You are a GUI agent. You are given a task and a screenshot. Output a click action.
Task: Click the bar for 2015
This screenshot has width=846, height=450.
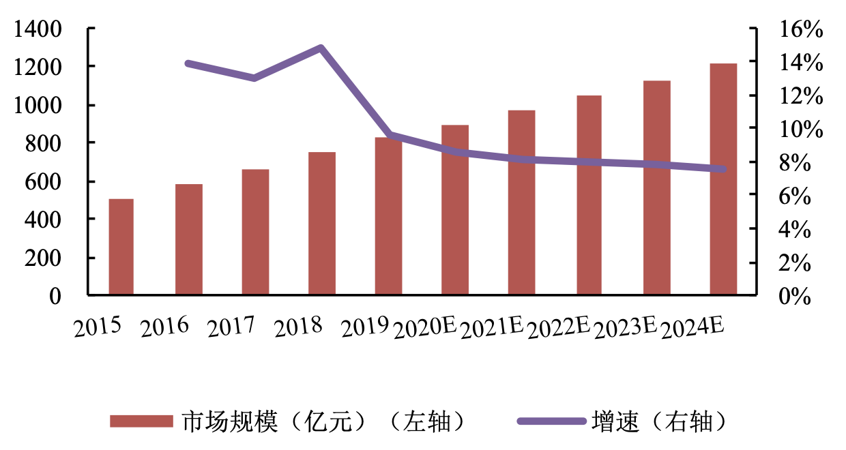click(121, 247)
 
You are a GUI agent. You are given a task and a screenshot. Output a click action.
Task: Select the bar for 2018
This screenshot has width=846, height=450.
click(321, 224)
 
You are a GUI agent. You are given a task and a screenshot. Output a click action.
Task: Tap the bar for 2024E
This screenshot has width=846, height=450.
click(723, 179)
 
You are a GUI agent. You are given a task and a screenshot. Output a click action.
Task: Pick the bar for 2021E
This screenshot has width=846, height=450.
click(521, 202)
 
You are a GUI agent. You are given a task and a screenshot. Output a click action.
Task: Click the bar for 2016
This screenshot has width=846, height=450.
click(188, 239)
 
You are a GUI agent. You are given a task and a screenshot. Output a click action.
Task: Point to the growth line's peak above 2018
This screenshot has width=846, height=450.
click(321, 48)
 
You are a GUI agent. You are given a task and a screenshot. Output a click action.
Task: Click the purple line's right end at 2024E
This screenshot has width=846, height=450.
click(723, 169)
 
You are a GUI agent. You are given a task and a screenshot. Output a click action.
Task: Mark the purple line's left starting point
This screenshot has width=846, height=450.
click(188, 63)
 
